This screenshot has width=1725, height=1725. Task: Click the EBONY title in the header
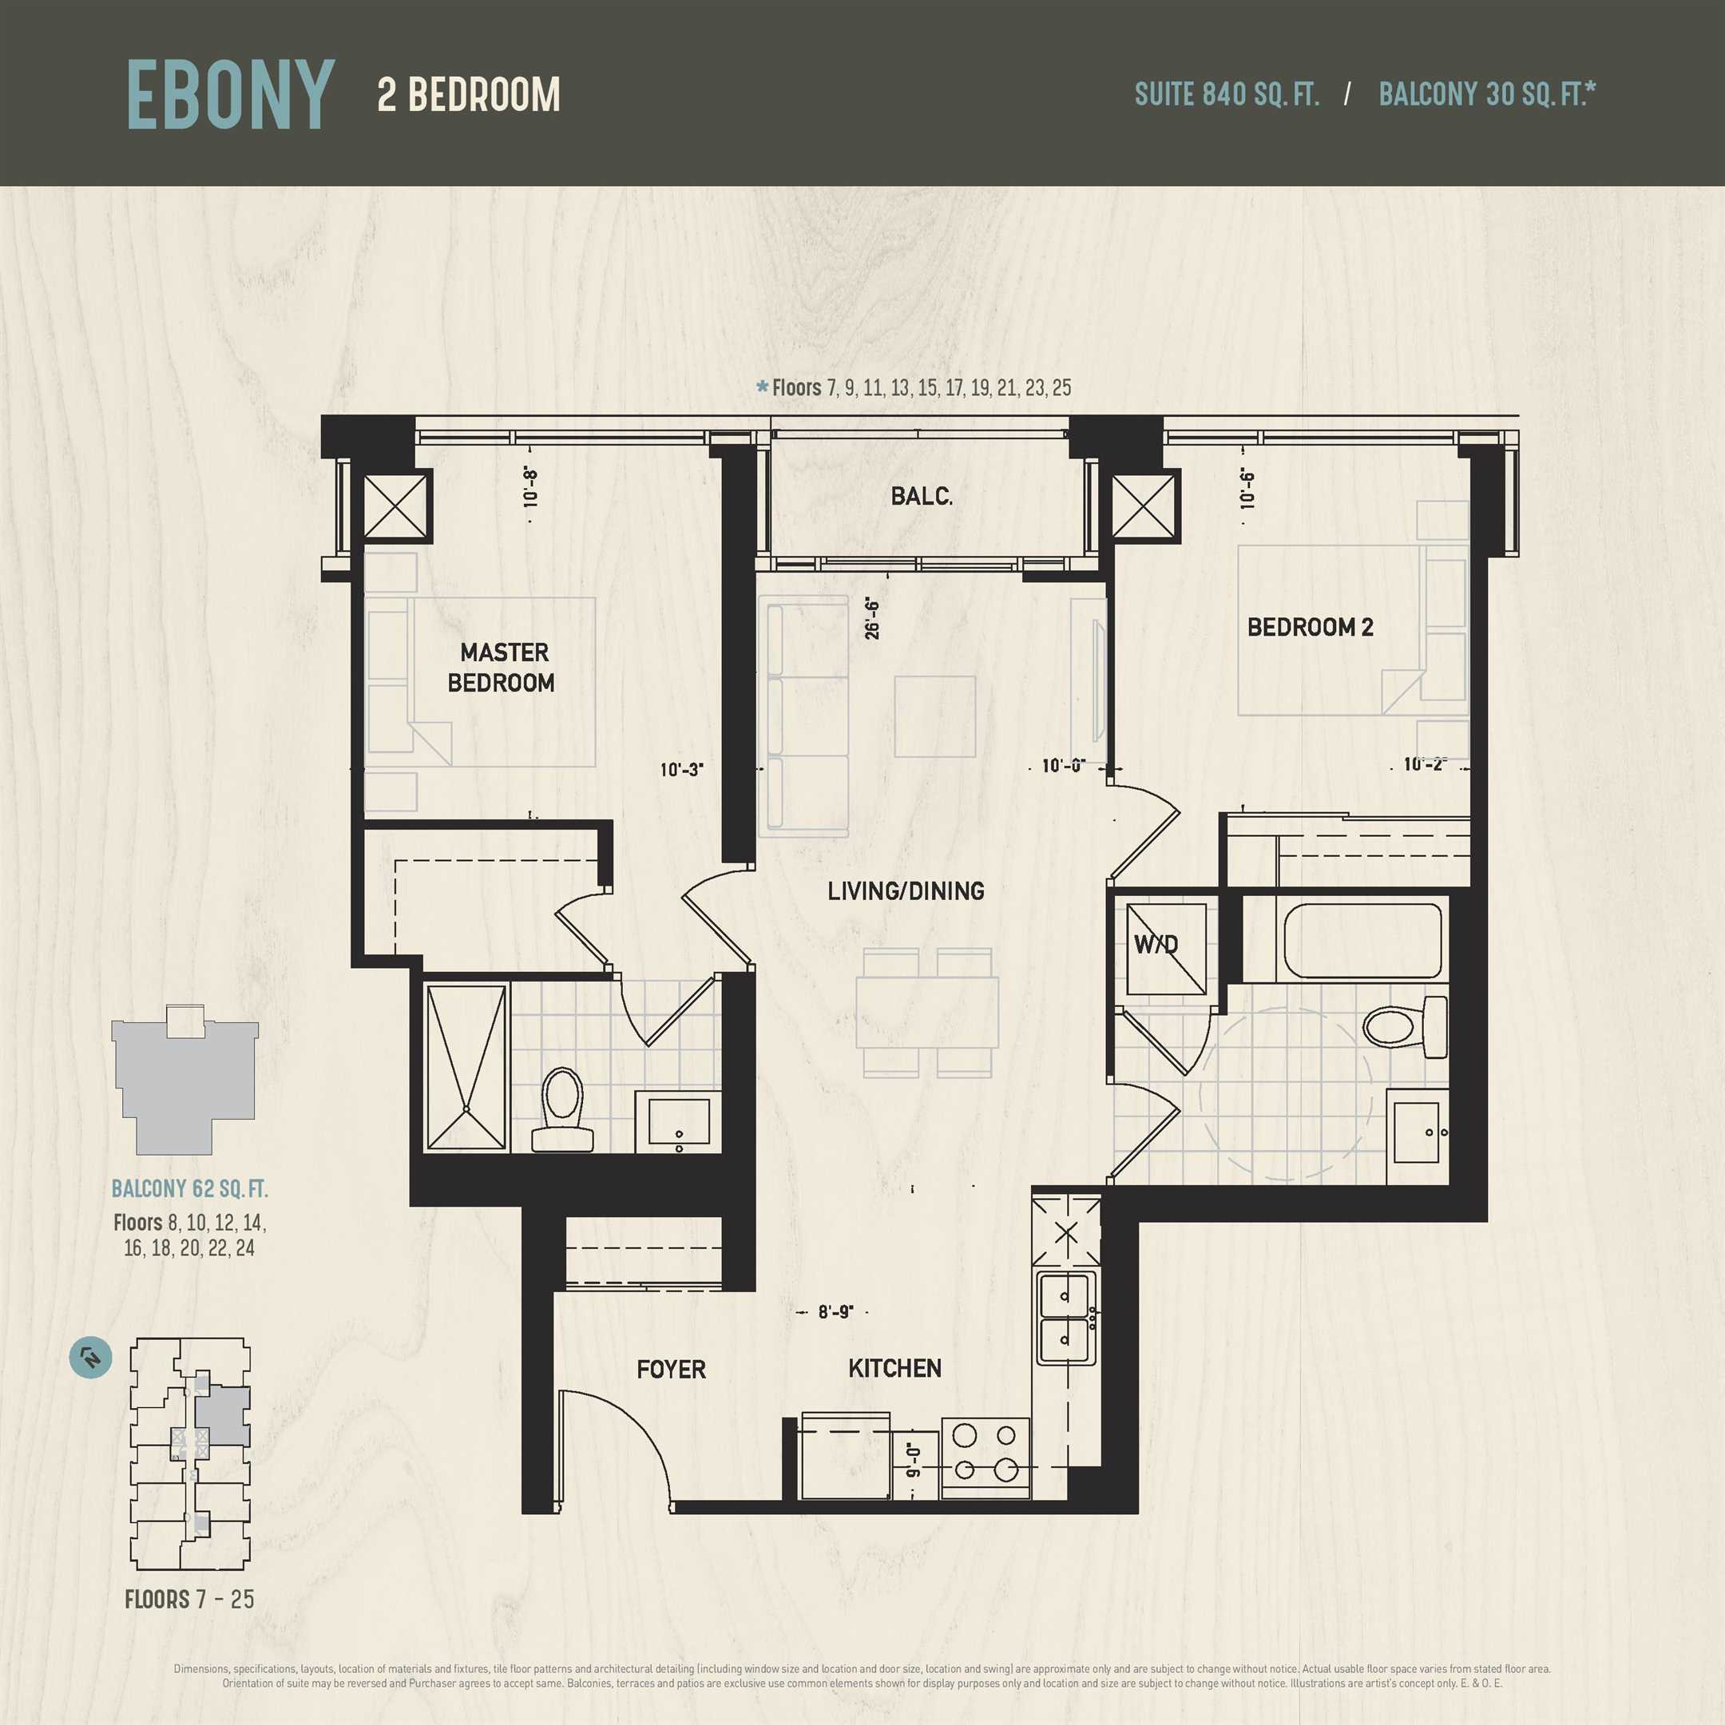(230, 95)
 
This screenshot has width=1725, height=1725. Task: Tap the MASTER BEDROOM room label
(502, 667)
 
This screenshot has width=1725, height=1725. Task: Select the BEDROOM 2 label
(1310, 627)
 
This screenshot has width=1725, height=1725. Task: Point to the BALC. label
(922, 497)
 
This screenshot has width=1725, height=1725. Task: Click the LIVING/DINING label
(906, 891)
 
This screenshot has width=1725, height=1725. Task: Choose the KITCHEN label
(894, 1368)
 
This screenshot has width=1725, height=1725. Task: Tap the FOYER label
(671, 1369)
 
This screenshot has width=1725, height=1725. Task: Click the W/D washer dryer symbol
(1165, 949)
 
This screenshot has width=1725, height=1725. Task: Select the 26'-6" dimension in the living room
(872, 619)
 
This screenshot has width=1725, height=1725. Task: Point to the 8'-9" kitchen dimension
(835, 1311)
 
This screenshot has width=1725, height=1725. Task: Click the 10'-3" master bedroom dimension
(682, 770)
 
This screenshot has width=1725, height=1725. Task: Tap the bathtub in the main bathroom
(1362, 941)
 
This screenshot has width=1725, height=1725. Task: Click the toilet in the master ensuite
(562, 1110)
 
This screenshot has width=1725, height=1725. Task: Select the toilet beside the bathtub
(1406, 1027)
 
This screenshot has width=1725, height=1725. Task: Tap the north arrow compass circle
(91, 1358)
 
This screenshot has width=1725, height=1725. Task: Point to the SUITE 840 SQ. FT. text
(1227, 93)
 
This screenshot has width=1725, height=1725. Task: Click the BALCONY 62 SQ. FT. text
(189, 1188)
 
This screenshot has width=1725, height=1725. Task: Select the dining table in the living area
(926, 1013)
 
